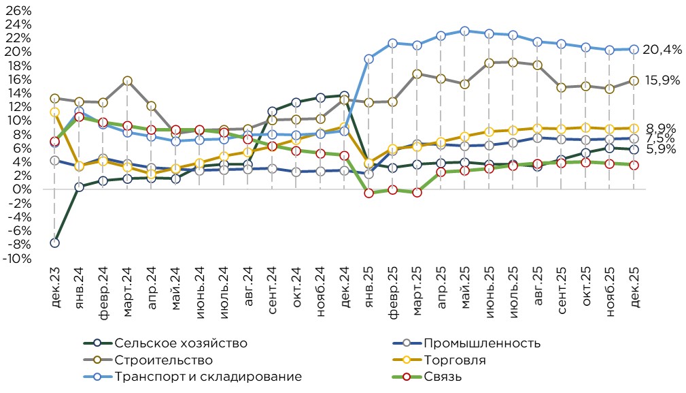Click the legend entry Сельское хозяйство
coord(181,343)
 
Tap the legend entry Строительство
coord(164,360)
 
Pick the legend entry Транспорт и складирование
coord(208,377)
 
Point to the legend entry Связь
coord(443,377)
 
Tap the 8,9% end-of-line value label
coord(659,127)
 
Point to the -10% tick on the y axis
coord(19,259)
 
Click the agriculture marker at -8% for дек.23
coord(54,242)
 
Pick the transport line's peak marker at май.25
coord(464,31)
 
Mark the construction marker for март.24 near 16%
coord(127,81)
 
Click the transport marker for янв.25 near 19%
coord(368,59)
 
